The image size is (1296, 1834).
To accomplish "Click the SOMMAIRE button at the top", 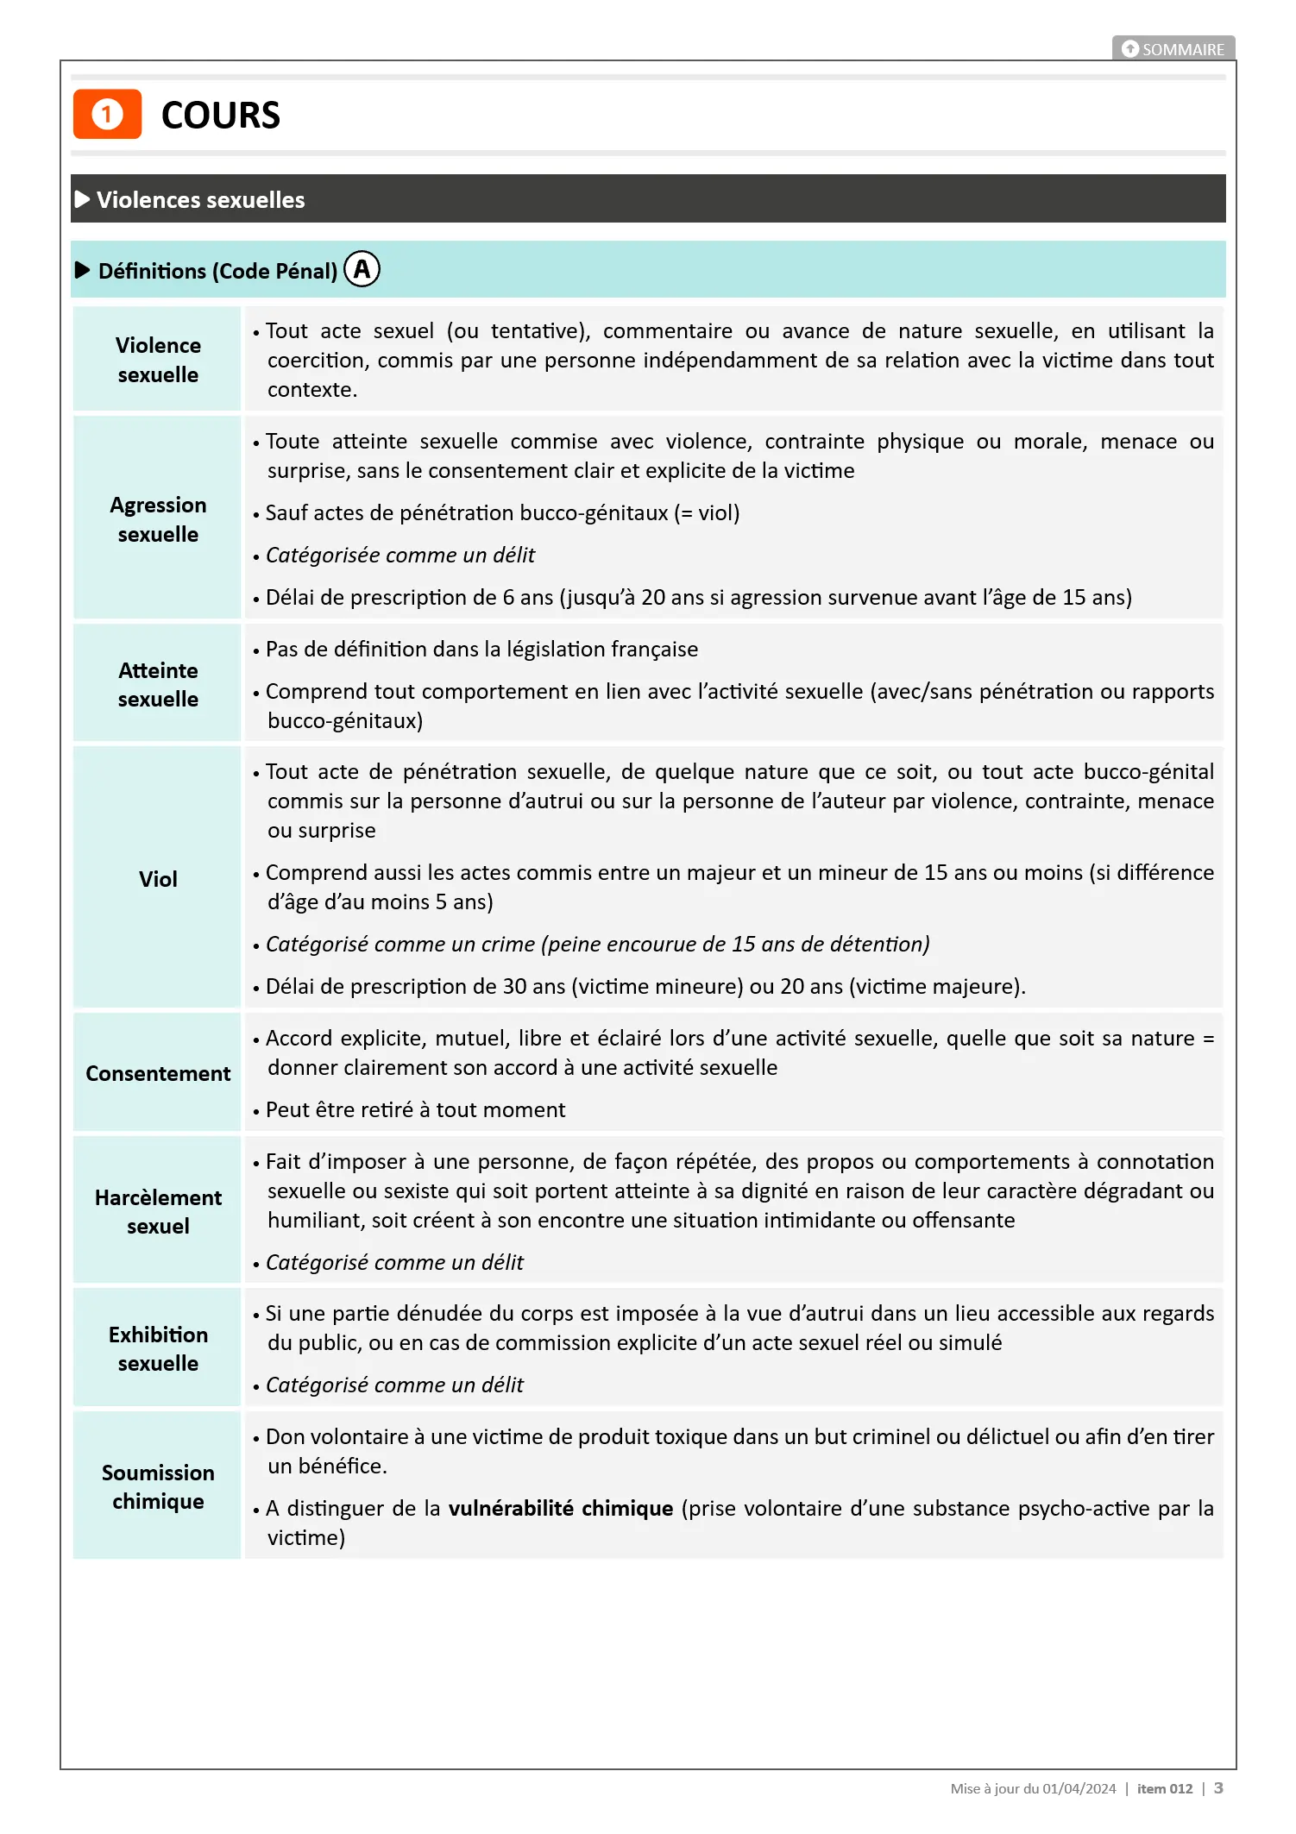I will point(1173,49).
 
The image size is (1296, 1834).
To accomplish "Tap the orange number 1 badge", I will point(107,114).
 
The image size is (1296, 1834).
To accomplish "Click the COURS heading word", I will point(221,116).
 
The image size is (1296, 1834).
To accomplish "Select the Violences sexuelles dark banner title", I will point(200,200).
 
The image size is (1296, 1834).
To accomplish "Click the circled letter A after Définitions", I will point(362,270).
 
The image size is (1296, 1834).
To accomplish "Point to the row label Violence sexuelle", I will point(158,360).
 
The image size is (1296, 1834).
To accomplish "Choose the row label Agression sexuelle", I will point(158,519).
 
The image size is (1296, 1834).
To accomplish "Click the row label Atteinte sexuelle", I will point(158,684).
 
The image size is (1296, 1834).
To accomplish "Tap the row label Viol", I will point(158,879).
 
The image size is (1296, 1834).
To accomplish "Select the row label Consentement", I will point(158,1073).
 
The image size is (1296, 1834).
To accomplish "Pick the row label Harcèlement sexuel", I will point(158,1211).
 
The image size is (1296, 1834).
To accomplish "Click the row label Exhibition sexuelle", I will point(158,1348).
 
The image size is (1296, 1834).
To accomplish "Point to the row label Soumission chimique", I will point(158,1486).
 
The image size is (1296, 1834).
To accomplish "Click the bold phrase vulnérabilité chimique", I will point(561,1508).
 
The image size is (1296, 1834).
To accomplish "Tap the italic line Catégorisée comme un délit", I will point(400,555).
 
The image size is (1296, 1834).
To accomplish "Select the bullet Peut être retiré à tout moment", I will point(415,1109).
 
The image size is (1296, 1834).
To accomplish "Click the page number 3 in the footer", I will point(1218,1788).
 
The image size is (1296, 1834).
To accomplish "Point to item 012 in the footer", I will point(1164,1788).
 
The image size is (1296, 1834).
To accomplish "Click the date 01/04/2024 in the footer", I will point(1079,1788).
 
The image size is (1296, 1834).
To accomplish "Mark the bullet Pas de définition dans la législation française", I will point(481,649).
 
